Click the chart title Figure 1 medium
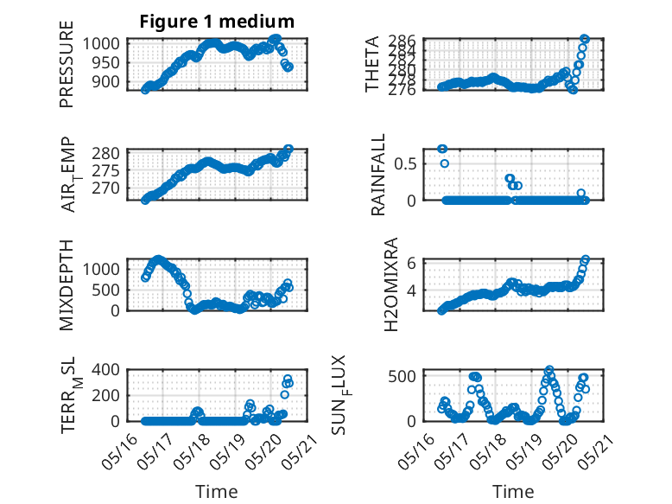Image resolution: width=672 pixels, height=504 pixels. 217,22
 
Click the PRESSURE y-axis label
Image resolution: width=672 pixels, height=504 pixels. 67,64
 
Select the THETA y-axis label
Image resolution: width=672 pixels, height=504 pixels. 372,64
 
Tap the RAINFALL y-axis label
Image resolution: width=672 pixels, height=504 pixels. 378,175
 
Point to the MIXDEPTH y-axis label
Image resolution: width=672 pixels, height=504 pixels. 67,285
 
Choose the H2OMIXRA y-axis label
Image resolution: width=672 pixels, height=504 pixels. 391,284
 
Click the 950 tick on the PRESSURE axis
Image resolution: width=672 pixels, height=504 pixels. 105,63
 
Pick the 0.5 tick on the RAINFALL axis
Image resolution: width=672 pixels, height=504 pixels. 405,164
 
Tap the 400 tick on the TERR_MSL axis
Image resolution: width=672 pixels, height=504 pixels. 105,370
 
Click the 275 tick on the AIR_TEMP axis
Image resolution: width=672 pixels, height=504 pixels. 105,170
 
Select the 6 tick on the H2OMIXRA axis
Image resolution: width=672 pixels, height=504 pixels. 411,263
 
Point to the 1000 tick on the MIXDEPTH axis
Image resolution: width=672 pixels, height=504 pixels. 101,270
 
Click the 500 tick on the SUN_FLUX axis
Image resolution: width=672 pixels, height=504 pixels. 403,377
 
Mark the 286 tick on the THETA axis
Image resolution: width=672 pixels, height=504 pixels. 403,41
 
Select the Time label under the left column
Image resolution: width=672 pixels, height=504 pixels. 217,492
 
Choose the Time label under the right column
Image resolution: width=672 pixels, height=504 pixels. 513,492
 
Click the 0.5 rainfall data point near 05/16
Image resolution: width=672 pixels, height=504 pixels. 445,163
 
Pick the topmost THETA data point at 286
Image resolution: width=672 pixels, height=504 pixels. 585,39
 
